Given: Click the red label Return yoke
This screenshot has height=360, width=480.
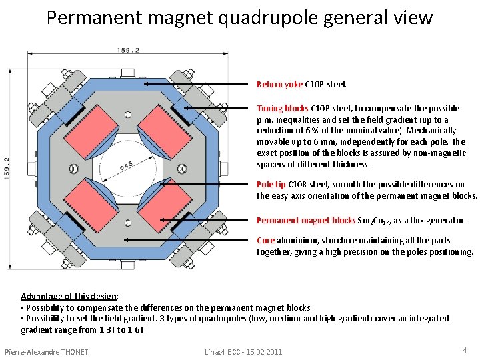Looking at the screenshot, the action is tap(279, 85).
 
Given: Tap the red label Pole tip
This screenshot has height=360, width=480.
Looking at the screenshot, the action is tap(271, 184).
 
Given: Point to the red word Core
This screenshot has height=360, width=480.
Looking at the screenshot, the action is tap(265, 240).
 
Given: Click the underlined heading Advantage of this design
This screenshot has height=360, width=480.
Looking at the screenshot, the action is tap(69, 296).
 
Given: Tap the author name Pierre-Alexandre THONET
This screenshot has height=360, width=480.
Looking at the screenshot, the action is tap(46, 351).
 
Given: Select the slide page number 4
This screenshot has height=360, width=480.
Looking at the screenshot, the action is tap(465, 350).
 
